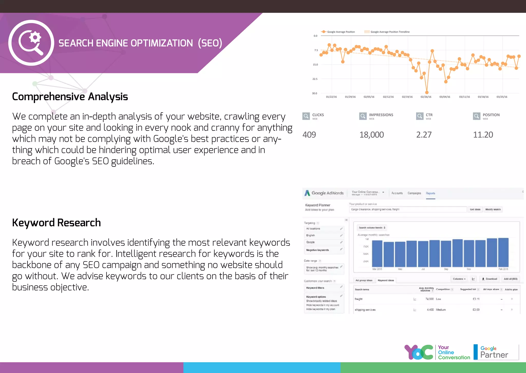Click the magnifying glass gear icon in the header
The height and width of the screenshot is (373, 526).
[x=31, y=43]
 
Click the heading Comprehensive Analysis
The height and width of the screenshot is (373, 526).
[x=70, y=97]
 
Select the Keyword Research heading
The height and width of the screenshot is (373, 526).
[x=56, y=223]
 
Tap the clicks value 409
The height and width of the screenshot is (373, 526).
[x=309, y=135]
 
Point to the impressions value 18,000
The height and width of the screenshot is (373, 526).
[x=371, y=135]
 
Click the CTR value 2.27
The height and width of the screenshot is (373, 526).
[x=424, y=135]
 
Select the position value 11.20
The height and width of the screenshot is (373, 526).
[x=483, y=135]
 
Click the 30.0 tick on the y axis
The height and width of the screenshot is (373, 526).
[x=315, y=93]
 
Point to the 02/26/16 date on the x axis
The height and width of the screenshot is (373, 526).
[x=426, y=97]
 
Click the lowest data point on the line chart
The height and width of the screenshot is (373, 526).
[x=427, y=92]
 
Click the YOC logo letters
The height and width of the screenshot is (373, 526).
[x=419, y=352]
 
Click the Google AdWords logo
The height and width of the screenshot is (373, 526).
[x=324, y=193]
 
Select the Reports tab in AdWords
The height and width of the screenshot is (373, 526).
[x=430, y=193]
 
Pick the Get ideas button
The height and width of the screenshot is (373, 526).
[x=475, y=209]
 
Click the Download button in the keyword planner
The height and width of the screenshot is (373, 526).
[x=490, y=279]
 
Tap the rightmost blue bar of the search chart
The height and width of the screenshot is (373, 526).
[x=503, y=252]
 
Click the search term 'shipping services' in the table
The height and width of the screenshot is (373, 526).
[x=365, y=310]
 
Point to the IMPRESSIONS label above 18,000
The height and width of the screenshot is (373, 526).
[x=381, y=115]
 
